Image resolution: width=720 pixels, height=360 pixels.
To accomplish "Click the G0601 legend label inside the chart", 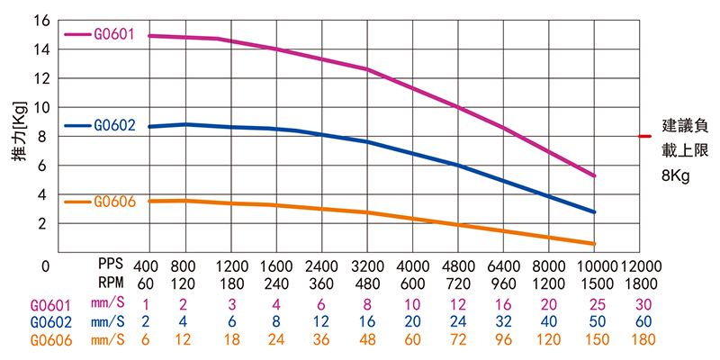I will pyautogui.click(x=113, y=34).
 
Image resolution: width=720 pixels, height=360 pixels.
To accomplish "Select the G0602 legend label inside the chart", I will pyautogui.click(x=113, y=126).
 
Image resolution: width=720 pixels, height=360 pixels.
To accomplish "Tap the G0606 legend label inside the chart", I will pyautogui.click(x=113, y=202).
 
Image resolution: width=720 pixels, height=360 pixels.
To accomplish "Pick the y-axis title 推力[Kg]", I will pyautogui.click(x=18, y=130).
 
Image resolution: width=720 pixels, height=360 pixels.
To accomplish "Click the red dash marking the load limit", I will pyautogui.click(x=644, y=137).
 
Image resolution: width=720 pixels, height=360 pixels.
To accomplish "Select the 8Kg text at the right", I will pyautogui.click(x=675, y=177).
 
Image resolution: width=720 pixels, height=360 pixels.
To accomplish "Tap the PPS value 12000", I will pyautogui.click(x=641, y=267).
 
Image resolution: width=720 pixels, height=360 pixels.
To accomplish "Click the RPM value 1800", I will pyautogui.click(x=641, y=283).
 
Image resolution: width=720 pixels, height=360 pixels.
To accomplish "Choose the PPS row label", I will pyautogui.click(x=112, y=267).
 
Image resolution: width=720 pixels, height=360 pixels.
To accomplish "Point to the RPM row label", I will pyautogui.click(x=112, y=283).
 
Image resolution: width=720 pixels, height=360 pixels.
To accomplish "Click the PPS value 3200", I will pyautogui.click(x=366, y=267).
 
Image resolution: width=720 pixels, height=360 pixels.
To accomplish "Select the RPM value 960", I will pyautogui.click(x=502, y=283).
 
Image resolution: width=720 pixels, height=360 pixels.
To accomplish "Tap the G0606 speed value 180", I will pyautogui.click(x=641, y=339).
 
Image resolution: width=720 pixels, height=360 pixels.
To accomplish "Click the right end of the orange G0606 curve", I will pyautogui.click(x=594, y=244).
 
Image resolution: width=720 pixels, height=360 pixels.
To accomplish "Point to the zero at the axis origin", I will pyautogui.click(x=45, y=266).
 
